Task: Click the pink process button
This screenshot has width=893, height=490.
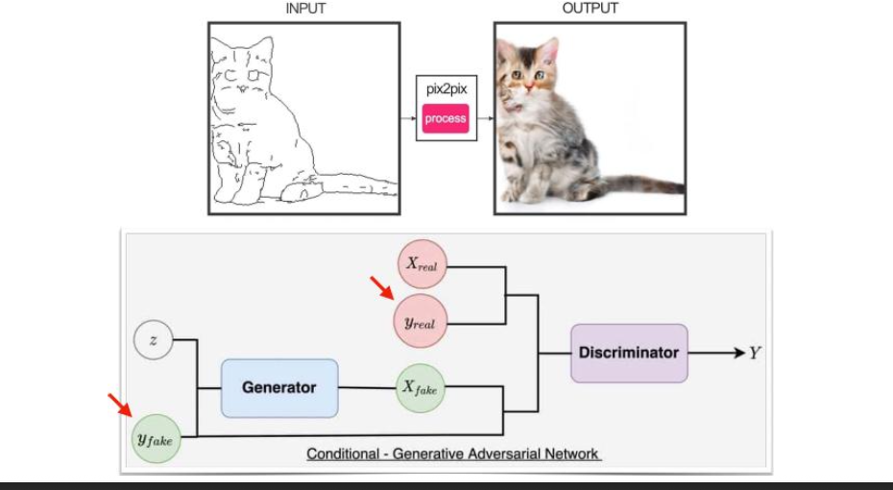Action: [446, 119]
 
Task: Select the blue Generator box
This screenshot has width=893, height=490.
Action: [278, 388]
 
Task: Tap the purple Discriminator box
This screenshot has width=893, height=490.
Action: [629, 353]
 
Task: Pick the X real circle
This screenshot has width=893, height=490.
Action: [422, 264]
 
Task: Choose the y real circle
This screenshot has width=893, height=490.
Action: [420, 323]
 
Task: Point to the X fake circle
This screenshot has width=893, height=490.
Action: [421, 388]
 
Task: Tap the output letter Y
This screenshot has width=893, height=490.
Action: [756, 354]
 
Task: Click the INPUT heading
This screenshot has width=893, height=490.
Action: [304, 9]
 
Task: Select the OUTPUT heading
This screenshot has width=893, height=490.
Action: [590, 9]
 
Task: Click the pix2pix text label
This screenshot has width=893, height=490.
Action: [446, 88]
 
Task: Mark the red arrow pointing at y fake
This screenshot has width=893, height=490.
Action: [120, 404]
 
